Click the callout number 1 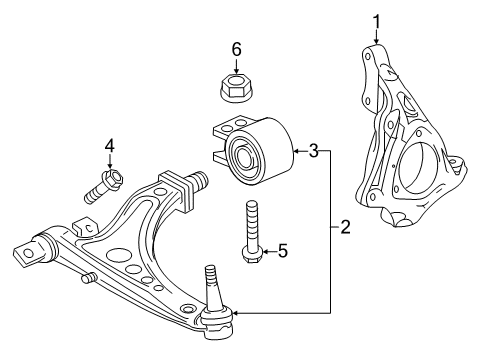point(377,20)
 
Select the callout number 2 point(345,228)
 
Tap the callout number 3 point(313,151)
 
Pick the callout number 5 point(282,250)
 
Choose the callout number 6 point(237,48)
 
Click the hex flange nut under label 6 point(237,90)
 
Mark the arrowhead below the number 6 point(237,71)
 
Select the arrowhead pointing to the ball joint point(236,316)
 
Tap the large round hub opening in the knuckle point(420,170)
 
